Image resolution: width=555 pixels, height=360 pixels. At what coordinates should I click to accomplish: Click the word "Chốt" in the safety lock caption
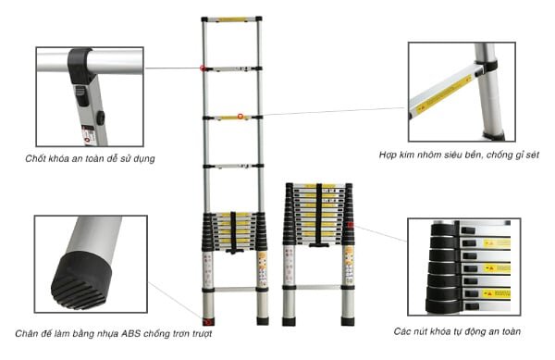pos(35,158)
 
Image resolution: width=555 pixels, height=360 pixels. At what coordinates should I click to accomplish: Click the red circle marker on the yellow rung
pos(240,116)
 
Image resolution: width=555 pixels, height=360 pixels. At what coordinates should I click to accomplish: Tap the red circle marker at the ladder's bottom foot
pos(208,322)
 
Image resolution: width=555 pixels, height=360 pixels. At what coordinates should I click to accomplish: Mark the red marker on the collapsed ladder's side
pos(351,225)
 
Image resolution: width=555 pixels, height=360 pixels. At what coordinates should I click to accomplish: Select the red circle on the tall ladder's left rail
pos(203,68)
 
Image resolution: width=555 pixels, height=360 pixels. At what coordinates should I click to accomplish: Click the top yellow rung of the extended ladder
pos(232,19)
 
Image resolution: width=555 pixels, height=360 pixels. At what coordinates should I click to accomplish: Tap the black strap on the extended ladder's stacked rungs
pos(233,232)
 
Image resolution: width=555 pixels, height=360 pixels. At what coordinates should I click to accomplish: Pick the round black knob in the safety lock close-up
pos(101,118)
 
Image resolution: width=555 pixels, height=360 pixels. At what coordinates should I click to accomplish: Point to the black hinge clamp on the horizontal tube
pos(80,66)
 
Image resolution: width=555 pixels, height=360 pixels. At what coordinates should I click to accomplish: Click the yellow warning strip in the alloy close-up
pos(443,94)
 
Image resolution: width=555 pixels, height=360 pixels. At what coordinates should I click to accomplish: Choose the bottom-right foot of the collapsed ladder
pos(348,321)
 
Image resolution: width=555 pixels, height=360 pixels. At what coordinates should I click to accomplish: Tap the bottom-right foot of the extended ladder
pos(263,321)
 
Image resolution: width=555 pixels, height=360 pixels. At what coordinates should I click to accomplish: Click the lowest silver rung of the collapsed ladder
pos(318,287)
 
